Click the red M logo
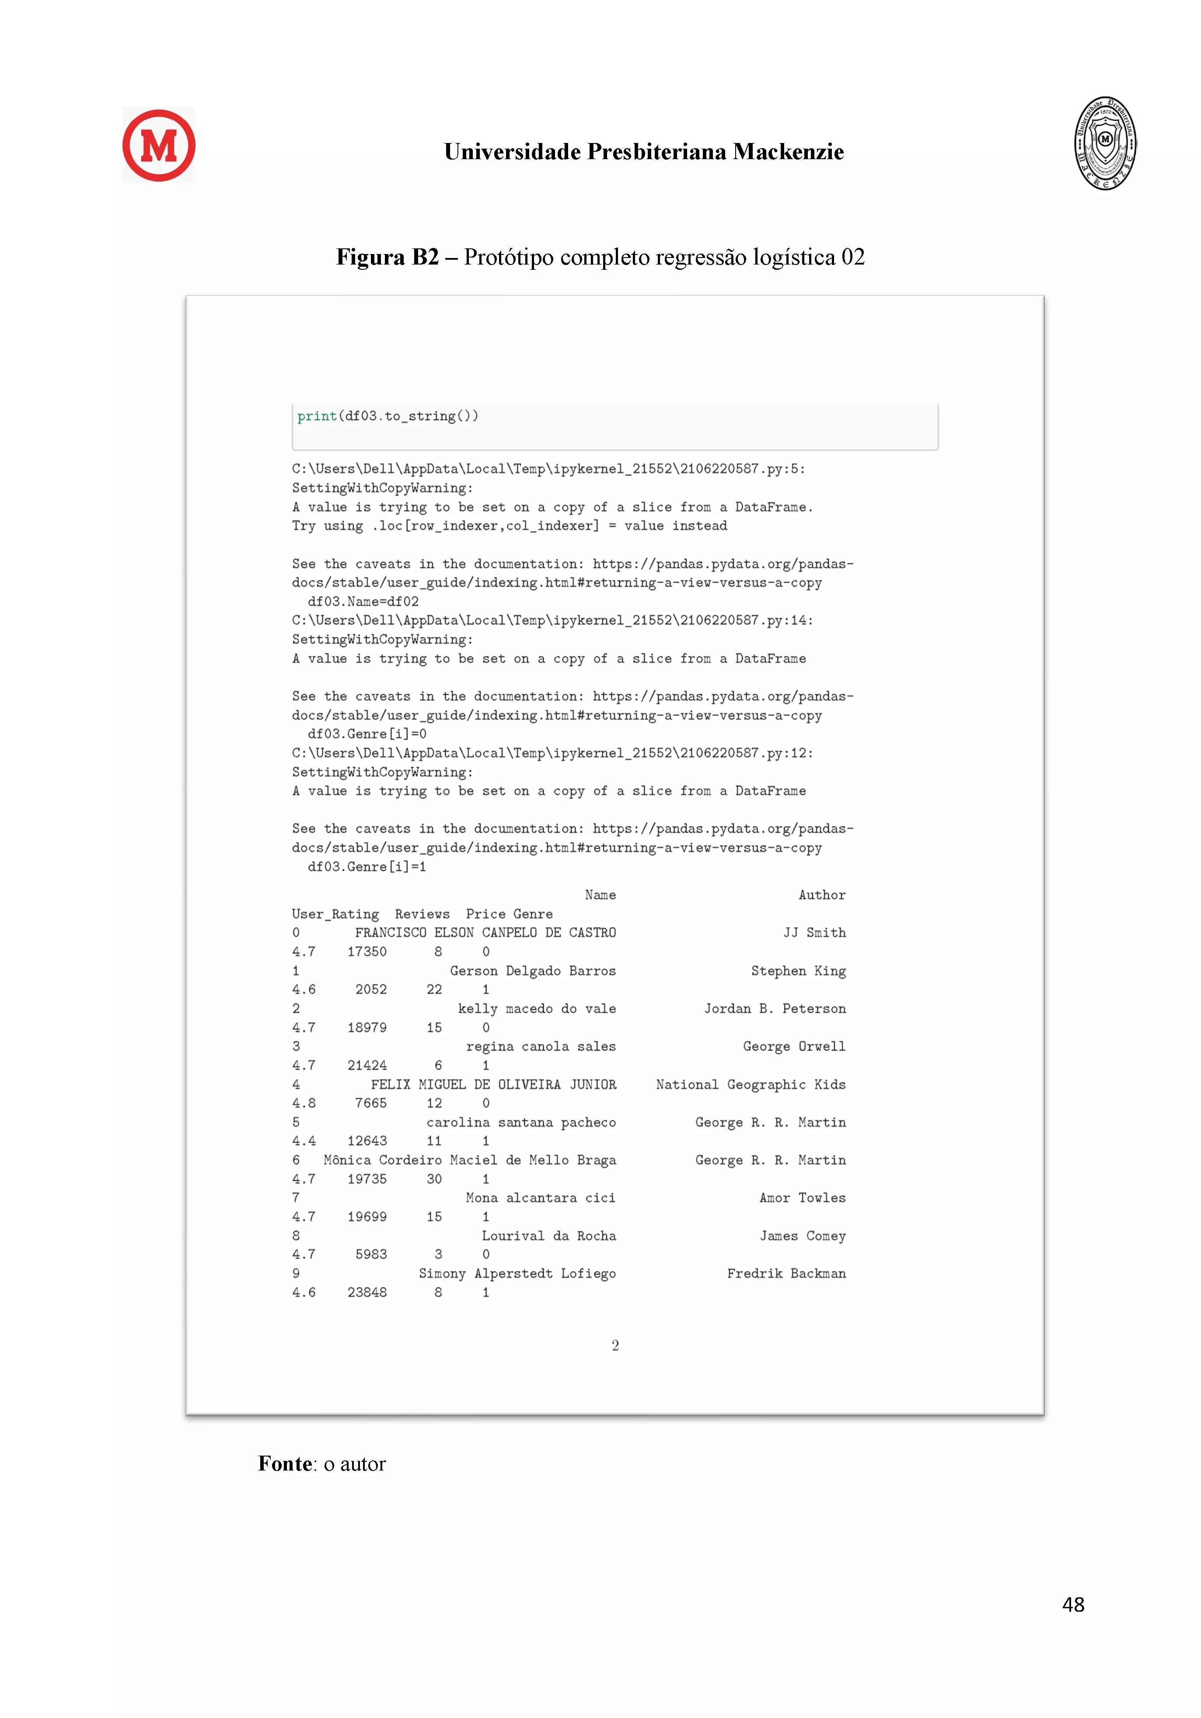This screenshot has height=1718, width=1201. (159, 145)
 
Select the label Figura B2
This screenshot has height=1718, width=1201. (387, 258)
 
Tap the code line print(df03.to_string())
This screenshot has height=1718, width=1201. (388, 416)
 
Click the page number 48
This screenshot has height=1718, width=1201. (1073, 1604)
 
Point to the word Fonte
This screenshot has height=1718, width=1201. (285, 1464)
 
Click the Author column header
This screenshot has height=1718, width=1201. (822, 895)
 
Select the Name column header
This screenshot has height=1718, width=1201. (600, 895)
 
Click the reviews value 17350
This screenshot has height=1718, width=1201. (367, 952)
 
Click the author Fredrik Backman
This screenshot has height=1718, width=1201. (786, 1274)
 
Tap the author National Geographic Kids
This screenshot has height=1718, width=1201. (751, 1085)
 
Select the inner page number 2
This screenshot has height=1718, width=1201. (615, 1345)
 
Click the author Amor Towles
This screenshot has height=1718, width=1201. (802, 1198)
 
